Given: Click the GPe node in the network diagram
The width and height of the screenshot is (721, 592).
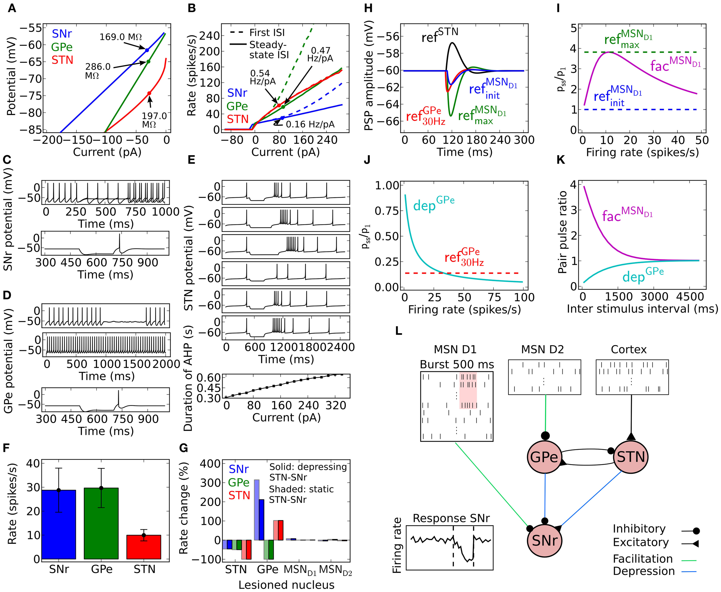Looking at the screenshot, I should pos(544,457).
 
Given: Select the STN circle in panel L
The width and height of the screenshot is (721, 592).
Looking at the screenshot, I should pos(630,457).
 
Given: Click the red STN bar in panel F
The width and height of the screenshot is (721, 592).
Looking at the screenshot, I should pos(144,547).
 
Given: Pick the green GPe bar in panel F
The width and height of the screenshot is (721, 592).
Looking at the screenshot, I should pos(101,523).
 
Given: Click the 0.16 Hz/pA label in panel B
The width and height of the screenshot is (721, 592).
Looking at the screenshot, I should pos(310,124).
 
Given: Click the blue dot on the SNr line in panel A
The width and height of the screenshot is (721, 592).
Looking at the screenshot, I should pos(147,50).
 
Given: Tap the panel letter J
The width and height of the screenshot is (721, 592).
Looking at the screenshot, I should pos(367,160).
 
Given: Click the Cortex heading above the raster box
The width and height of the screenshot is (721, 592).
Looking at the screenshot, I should pos(629,350).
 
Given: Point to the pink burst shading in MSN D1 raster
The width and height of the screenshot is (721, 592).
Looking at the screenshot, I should pos(468,390).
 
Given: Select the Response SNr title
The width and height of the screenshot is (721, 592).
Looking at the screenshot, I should pos(451,518).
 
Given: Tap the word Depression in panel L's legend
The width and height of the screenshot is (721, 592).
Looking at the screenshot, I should pos(644,571).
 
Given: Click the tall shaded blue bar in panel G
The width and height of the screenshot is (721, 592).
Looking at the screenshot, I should pos(257,510).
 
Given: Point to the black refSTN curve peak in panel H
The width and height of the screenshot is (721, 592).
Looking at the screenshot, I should pos(452,43).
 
